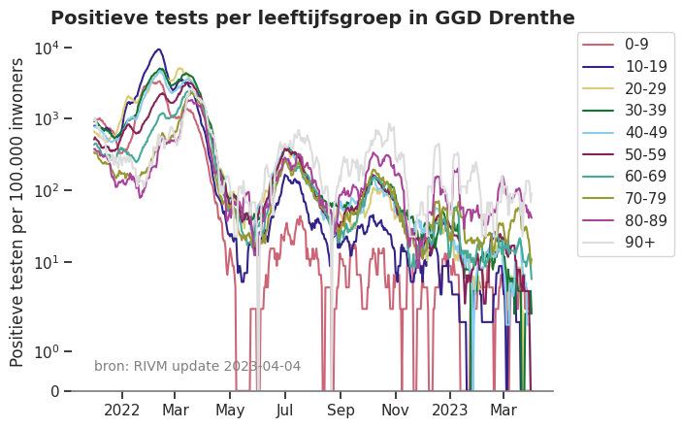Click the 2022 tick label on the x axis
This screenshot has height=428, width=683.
pyautogui.click(x=123, y=410)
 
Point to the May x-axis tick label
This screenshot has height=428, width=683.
pyautogui.click(x=231, y=410)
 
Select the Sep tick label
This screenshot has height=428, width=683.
pyautogui.click(x=341, y=410)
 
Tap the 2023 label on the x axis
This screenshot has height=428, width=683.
pyautogui.click(x=450, y=410)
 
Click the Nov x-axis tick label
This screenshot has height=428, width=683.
pyautogui.click(x=395, y=410)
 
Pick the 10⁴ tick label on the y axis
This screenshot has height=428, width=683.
pyautogui.click(x=49, y=48)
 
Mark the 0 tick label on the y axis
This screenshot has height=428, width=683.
pyautogui.click(x=54, y=391)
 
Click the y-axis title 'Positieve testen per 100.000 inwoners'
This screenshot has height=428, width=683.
pyautogui.click(x=17, y=212)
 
